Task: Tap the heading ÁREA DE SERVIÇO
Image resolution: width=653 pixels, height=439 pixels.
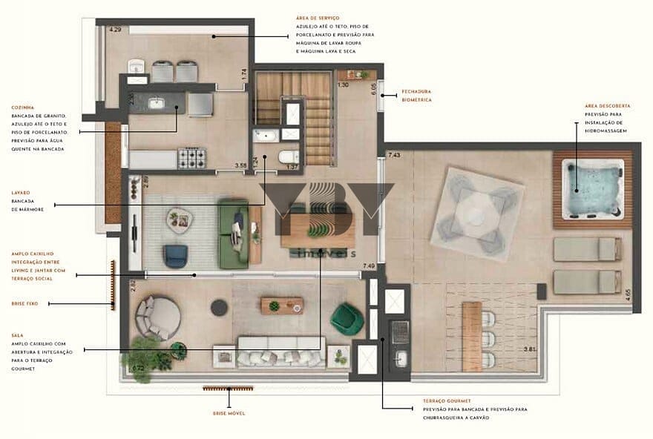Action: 317,16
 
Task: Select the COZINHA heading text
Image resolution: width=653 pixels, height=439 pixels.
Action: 23,107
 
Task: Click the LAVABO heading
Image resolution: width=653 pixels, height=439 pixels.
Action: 22,192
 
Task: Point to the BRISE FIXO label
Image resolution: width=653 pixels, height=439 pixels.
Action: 23,303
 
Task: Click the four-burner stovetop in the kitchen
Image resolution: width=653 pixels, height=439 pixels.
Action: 191,157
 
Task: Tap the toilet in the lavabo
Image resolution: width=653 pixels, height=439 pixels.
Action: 288,156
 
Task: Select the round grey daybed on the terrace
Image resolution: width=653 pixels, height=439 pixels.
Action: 157,317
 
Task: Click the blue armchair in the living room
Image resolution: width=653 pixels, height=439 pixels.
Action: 175,256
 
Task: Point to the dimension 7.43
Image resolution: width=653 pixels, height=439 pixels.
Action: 395,155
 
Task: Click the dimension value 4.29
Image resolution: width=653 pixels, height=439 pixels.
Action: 115,30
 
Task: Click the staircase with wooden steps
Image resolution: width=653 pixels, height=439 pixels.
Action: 315,116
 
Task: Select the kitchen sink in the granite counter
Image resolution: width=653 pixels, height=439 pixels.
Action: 157,103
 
